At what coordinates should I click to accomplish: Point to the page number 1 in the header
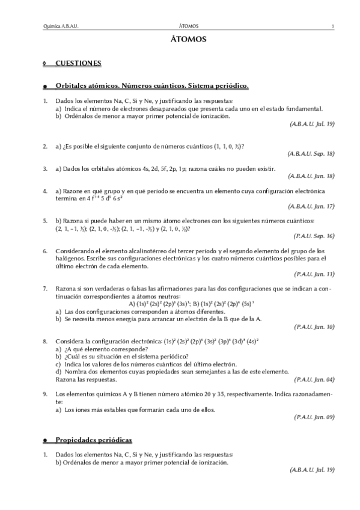pos(332,26)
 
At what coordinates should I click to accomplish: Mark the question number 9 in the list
pos(44,395)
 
